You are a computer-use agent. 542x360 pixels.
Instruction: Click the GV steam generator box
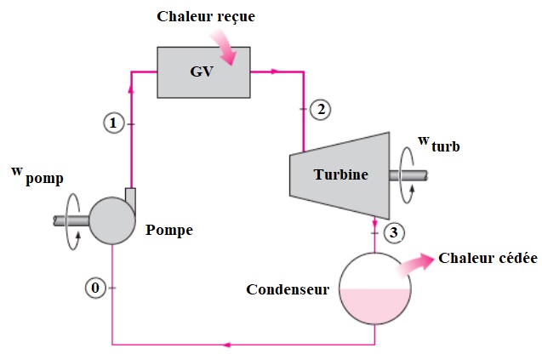(x=203, y=71)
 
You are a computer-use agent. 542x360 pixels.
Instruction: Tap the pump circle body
(x=112, y=220)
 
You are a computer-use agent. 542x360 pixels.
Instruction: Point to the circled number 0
(x=96, y=288)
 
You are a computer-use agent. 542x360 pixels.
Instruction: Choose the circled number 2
(x=319, y=109)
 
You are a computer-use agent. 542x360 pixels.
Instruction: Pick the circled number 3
(x=392, y=231)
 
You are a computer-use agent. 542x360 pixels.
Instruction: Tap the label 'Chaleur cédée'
(x=488, y=258)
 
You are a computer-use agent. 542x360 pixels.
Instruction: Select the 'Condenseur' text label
(x=288, y=289)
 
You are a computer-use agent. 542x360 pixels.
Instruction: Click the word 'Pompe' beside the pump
(x=168, y=230)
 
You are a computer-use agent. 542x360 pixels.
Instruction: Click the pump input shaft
(x=71, y=220)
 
